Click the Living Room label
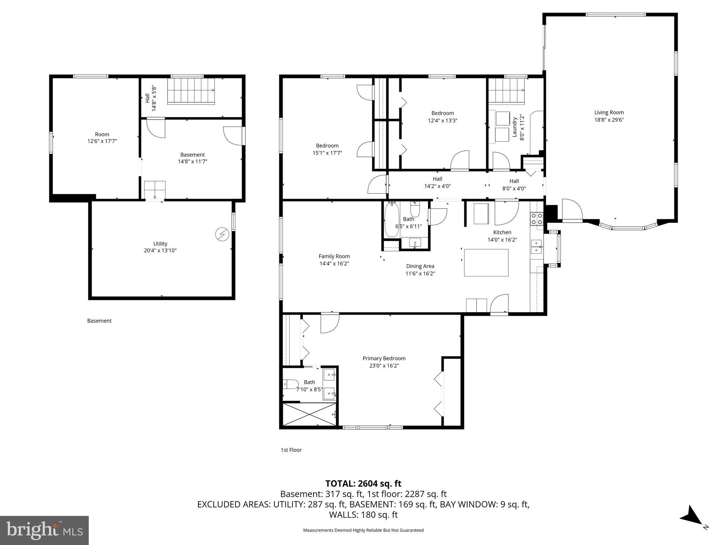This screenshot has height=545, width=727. coord(609,112)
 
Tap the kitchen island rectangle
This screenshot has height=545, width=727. coord(486,263)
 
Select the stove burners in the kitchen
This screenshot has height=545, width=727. coord(536,219)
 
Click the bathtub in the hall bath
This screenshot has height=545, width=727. coord(392,220)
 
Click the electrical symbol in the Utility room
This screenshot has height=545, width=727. coord(222,234)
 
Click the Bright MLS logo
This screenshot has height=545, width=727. coord(44,530)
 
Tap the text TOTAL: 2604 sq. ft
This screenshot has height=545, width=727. coord(363,484)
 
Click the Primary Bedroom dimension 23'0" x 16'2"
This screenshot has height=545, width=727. coord(384,366)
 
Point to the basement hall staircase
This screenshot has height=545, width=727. coord(191,91)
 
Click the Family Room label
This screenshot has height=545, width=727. coord(334,256)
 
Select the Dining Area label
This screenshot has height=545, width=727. coord(420,266)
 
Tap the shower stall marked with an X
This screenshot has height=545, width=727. coord(309,414)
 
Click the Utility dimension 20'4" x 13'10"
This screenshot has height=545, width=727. coord(160,251)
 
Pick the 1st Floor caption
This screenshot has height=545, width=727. coord(291,450)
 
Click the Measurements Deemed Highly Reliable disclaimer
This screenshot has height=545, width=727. coord(363,530)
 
